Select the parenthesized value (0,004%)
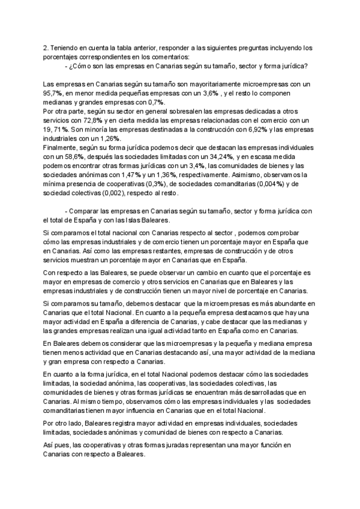[x=257, y=184]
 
